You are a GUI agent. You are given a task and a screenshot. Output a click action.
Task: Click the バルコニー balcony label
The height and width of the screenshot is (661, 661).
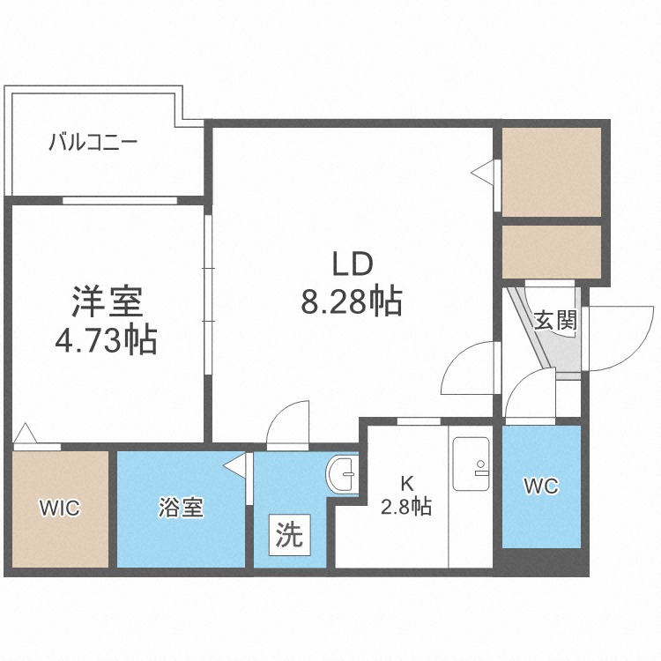coord(93,143)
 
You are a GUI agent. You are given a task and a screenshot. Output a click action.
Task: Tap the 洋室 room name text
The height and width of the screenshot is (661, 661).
coord(107,301)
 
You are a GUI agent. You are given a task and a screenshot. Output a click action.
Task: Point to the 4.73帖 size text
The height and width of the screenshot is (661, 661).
coord(107,340)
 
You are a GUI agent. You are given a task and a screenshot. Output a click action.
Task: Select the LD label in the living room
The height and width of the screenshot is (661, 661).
coord(353,264)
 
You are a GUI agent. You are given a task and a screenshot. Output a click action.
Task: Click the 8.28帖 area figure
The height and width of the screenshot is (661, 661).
coord(351,301)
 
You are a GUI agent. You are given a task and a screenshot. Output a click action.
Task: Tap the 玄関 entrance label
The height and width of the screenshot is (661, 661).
coord(554,321)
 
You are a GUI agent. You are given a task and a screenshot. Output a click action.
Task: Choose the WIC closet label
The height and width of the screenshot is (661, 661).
coord(59,508)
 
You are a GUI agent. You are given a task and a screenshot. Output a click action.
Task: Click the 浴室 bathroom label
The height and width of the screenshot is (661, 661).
coord(181,507)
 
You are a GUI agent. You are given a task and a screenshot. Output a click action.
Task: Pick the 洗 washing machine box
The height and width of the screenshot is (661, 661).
coord(290,535)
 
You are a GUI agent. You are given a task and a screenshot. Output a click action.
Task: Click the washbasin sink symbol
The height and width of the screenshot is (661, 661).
coord(342,474)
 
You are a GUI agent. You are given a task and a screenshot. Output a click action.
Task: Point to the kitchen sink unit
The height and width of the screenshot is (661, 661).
coord(471,464)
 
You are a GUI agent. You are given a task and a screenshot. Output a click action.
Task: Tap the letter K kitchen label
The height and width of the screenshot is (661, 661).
coord(407,484)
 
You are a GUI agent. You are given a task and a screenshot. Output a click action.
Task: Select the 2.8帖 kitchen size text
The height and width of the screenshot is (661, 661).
coord(406,506)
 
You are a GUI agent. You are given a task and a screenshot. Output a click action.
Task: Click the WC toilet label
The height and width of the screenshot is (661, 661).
coord(541,486)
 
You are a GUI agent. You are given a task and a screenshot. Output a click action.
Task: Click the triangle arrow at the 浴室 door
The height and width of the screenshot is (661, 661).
coord(234,466)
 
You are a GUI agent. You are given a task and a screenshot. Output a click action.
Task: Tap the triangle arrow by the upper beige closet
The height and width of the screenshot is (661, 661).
coord(482,172)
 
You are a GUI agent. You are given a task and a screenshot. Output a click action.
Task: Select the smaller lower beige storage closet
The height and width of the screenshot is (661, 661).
coord(552,252)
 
